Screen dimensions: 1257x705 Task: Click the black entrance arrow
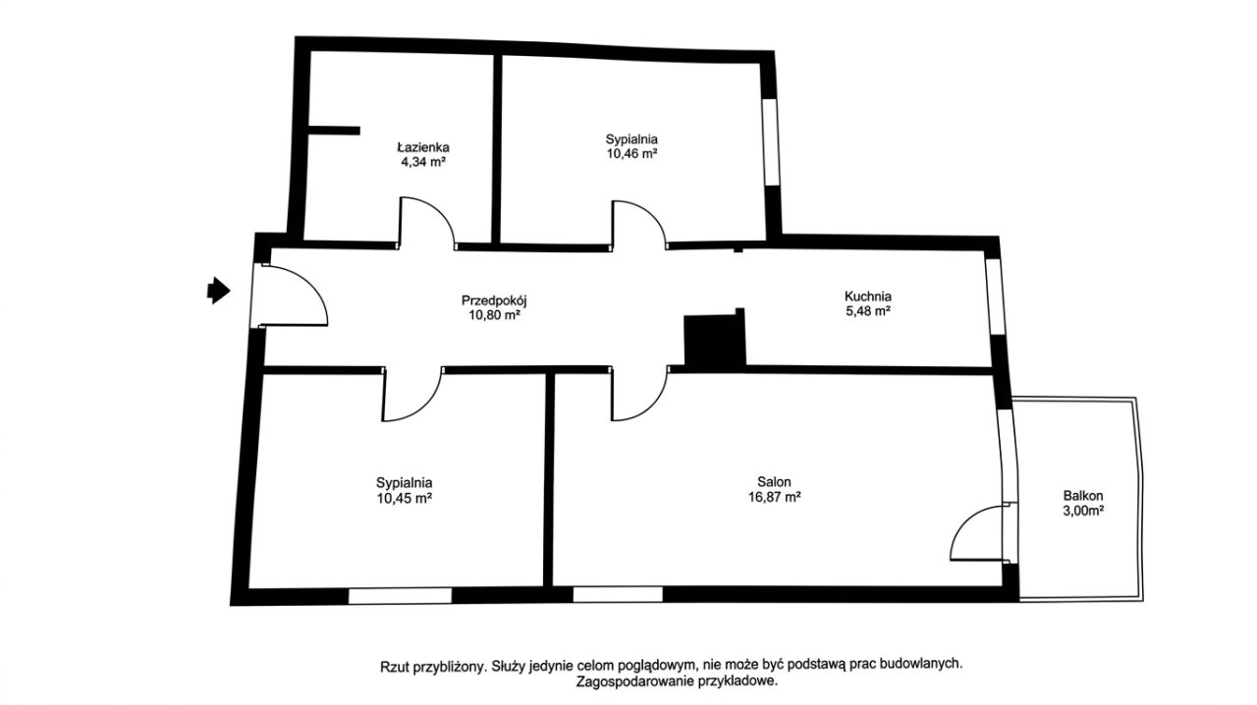coord(219,291)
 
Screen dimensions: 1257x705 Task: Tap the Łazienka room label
coord(423,147)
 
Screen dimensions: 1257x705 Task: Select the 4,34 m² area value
coord(423,162)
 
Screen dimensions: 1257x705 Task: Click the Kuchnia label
coord(867,297)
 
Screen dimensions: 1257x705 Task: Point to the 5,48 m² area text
coord(868,311)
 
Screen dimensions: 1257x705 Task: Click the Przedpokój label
coord(494,300)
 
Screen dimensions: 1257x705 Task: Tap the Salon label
coord(774,481)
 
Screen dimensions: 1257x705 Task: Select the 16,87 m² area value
coord(774,497)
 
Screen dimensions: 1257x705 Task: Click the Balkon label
coord(1083,496)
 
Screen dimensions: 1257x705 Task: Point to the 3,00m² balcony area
coord(1083,511)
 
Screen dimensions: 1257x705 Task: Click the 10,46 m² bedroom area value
coord(631,154)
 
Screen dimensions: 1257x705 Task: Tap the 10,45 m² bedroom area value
coord(404,498)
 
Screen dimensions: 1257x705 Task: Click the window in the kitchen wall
coord(994,297)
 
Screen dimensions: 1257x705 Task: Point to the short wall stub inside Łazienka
coord(334,131)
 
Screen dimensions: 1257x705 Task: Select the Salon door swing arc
coord(653,406)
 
